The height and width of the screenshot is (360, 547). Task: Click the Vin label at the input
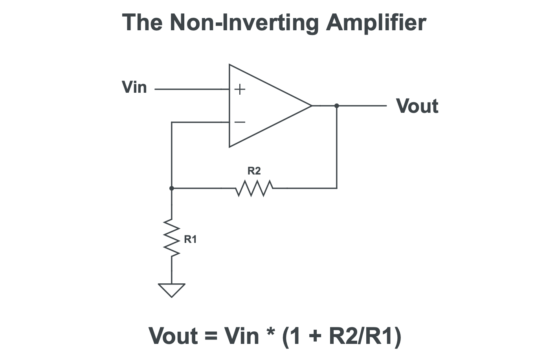[134, 87]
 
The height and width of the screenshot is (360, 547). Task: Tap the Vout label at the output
[417, 106]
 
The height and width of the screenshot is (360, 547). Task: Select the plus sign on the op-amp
[240, 90]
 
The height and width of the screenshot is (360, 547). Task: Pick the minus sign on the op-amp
[240, 122]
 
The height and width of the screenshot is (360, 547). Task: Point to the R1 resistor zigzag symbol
[172, 238]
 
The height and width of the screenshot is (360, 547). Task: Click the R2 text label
[254, 171]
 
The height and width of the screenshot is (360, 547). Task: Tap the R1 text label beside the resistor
[190, 239]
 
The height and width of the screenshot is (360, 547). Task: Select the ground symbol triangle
[172, 290]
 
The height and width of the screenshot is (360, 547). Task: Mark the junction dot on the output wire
[337, 106]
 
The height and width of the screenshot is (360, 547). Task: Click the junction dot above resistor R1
[172, 188]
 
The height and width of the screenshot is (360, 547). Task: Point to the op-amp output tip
[311, 106]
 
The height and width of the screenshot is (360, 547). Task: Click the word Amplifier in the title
[376, 22]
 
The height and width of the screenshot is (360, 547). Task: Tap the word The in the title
[142, 22]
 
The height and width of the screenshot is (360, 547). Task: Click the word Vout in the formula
[173, 336]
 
